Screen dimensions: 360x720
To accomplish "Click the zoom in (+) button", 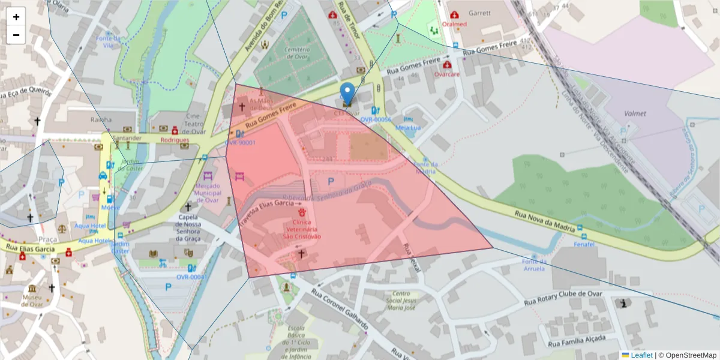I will pos(16,17).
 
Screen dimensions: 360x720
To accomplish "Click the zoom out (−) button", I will pos(16,35).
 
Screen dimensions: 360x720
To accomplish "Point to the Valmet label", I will pos(635,113).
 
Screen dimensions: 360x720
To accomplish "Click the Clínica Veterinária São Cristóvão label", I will pos(302,229).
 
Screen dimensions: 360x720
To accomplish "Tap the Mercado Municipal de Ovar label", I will pos(208,193).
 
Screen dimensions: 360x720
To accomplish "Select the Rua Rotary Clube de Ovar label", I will pos(563,298).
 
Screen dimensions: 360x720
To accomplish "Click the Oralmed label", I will pos(454,24).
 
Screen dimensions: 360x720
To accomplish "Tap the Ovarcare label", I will pos(446,74).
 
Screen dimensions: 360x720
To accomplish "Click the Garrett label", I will pos(479,13).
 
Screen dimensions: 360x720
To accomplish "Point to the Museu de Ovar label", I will pos(31,301).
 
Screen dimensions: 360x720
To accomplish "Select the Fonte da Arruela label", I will pos(534,265).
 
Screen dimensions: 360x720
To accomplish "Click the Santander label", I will pos(126,138).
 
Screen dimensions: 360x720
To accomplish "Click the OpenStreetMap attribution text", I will pos(691,355).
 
